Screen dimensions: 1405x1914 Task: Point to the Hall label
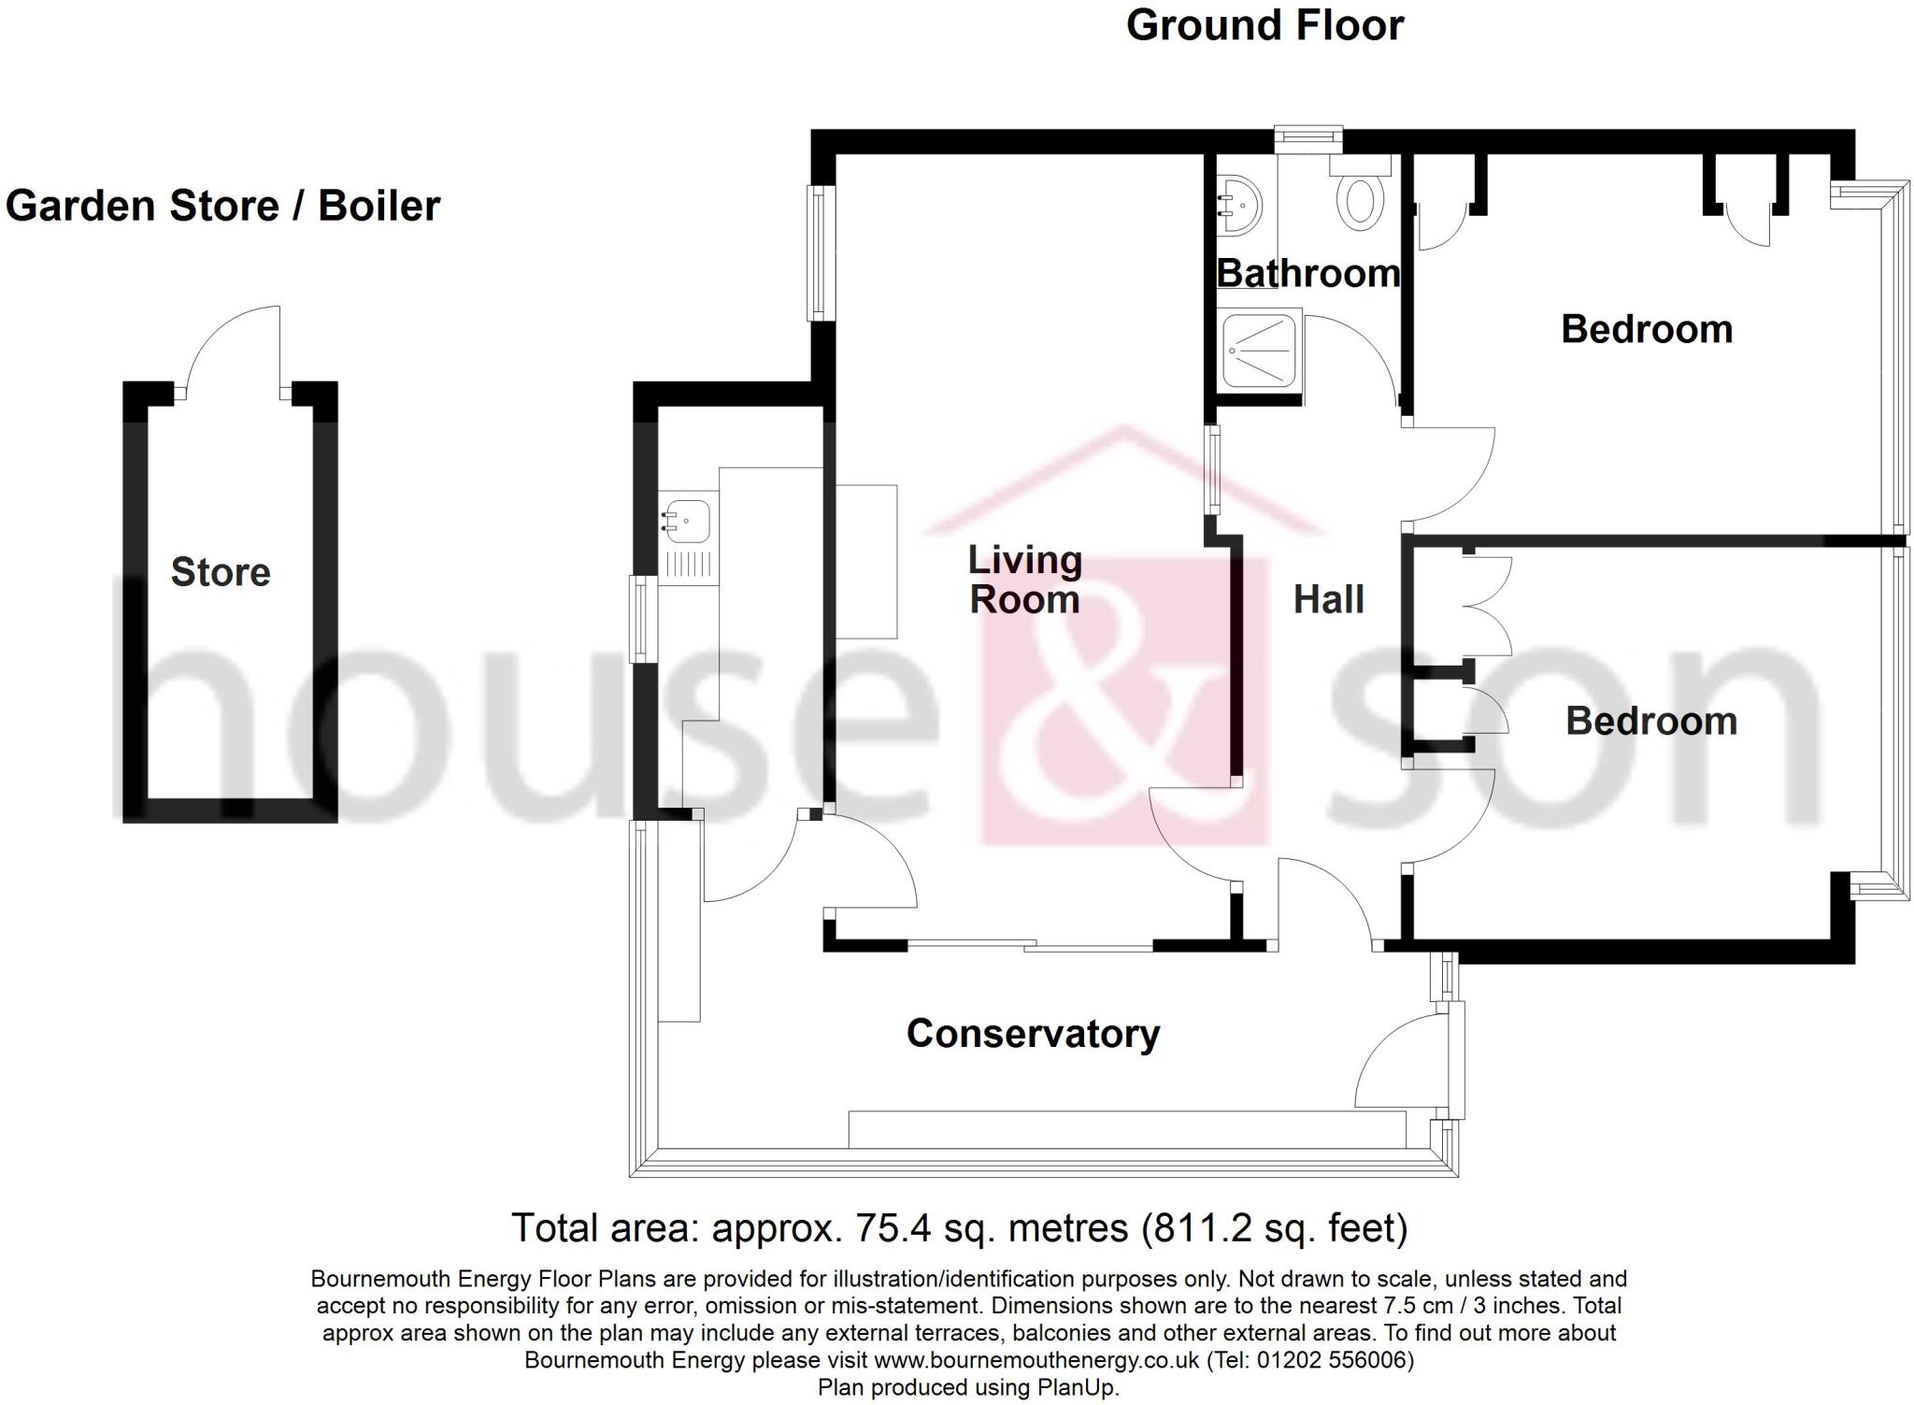pyautogui.click(x=1328, y=599)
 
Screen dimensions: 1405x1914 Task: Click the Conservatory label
pyautogui.click(x=1033, y=1034)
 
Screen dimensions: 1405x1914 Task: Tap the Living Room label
pyautogui.click(x=1025, y=580)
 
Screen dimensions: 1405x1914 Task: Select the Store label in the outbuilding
pyautogui.click(x=221, y=572)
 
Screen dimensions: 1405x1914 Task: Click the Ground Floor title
pyautogui.click(x=1264, y=25)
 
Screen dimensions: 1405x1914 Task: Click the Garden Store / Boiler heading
pyautogui.click(x=222, y=207)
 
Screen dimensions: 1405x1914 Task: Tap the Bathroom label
pyautogui.click(x=1307, y=273)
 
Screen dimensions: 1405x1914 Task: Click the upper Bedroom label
pyautogui.click(x=1647, y=329)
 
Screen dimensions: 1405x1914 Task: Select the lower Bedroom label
pyautogui.click(x=1651, y=721)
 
